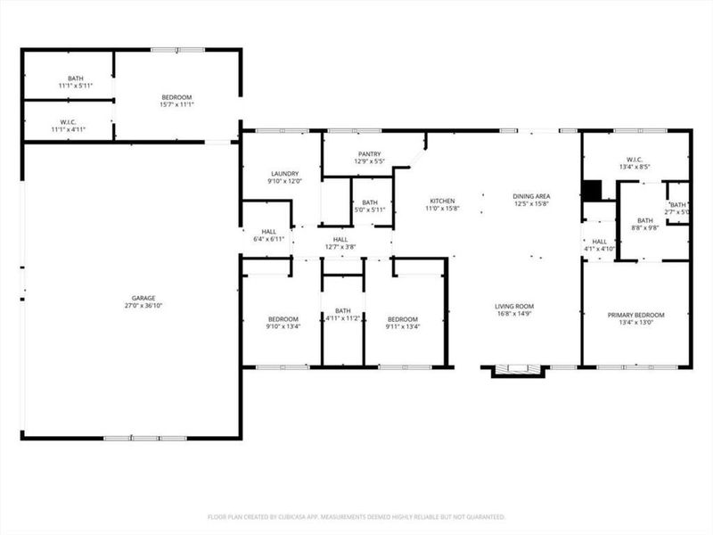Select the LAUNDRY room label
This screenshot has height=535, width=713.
(x=284, y=174)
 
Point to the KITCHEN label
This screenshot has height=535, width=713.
(x=442, y=201)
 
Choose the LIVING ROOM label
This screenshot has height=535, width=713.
(x=514, y=306)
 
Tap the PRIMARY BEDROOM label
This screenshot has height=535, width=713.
(x=635, y=315)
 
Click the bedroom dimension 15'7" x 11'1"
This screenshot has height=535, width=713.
(x=176, y=105)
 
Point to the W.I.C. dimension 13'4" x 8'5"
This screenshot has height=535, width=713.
(x=635, y=166)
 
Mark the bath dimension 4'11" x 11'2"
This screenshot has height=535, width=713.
(x=342, y=318)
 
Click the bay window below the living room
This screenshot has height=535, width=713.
(x=516, y=369)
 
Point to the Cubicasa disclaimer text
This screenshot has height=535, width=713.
(x=356, y=517)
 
